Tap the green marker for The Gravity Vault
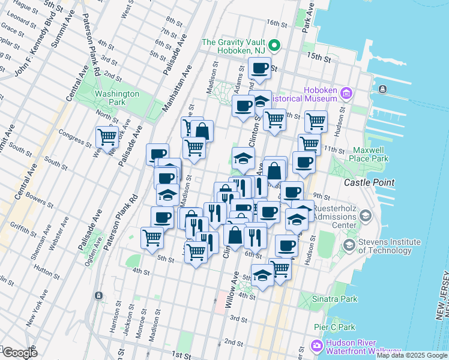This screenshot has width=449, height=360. [274, 46]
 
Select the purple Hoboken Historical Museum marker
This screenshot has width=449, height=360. [346, 93]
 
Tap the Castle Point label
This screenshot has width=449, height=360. [369, 182]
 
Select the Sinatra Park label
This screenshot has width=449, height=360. [336, 298]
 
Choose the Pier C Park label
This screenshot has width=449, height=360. [335, 327]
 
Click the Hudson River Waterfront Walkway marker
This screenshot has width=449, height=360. [316, 346]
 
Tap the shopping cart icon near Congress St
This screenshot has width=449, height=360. [107, 137]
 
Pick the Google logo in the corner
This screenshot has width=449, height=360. [20, 353]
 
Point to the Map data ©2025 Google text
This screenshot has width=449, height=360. [412, 355]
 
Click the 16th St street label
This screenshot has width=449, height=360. [278, 23]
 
